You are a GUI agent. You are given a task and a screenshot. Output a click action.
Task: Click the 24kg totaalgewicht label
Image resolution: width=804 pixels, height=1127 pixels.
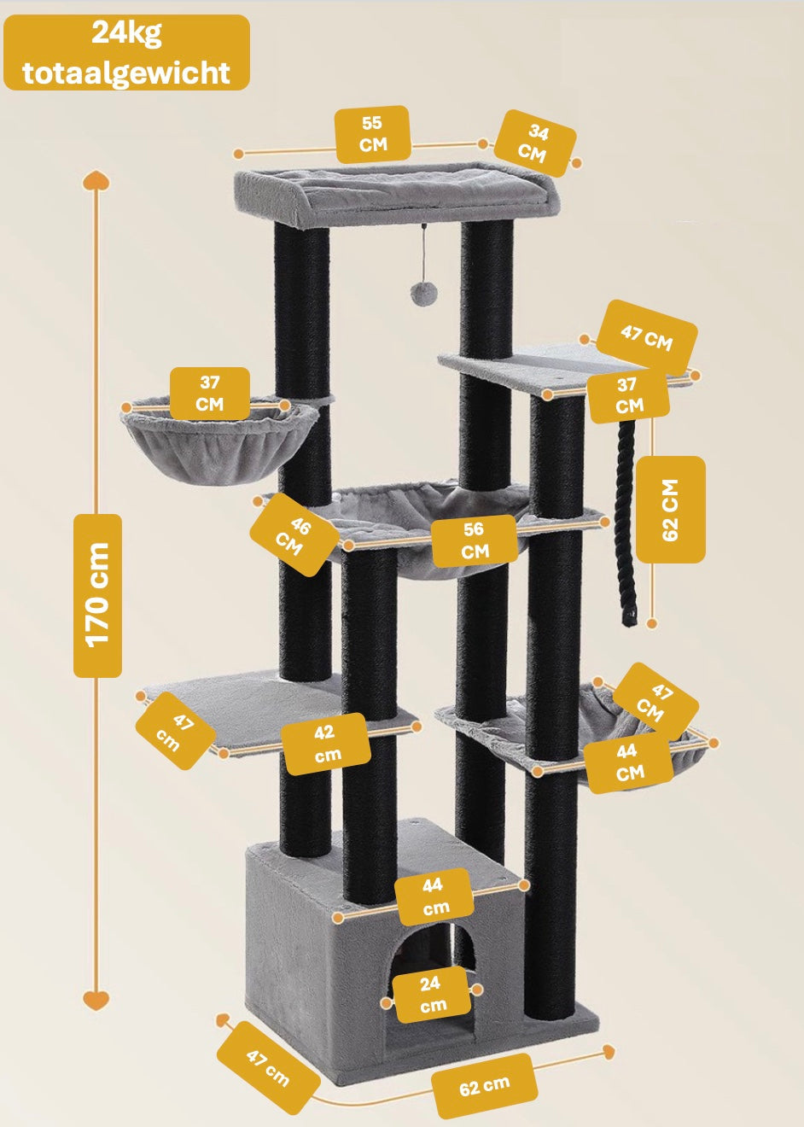(x=126, y=53)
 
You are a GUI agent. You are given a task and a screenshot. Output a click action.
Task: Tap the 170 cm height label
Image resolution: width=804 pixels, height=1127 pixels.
(x=97, y=595)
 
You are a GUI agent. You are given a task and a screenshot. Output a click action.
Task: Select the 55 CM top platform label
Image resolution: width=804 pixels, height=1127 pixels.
(x=373, y=134)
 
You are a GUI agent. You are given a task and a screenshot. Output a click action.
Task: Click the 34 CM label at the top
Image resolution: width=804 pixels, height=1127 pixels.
(x=535, y=143)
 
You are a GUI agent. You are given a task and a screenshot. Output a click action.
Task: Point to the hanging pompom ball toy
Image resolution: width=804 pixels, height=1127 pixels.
(x=423, y=293)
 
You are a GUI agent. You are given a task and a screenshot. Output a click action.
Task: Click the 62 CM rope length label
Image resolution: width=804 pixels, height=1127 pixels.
(x=671, y=510)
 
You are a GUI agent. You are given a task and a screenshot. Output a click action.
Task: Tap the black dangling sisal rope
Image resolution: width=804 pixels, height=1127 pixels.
(x=625, y=521)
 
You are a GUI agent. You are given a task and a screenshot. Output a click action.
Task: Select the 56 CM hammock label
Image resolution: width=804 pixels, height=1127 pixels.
(x=475, y=540)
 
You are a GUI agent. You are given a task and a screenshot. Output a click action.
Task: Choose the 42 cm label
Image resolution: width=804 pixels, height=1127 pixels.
(x=326, y=744)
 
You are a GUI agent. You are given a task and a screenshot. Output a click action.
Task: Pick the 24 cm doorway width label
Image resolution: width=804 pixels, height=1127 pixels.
(x=431, y=995)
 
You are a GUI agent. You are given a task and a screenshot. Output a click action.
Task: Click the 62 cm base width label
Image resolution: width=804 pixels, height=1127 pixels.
(x=484, y=1086)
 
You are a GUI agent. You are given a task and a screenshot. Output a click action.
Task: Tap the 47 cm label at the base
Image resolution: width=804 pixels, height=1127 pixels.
(x=268, y=1067)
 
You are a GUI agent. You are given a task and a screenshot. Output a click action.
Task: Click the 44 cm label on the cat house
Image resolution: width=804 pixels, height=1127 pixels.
(x=434, y=896)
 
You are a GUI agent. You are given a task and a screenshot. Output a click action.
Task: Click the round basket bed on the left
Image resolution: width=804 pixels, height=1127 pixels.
(x=218, y=444)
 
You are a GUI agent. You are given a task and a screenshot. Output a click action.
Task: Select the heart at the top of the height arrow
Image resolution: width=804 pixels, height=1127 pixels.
(x=96, y=181)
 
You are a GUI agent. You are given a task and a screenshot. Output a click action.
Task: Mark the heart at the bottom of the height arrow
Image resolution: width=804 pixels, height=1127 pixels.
(x=96, y=998)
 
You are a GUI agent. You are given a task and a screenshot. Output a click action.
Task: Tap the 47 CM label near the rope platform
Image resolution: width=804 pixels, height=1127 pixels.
(x=646, y=336)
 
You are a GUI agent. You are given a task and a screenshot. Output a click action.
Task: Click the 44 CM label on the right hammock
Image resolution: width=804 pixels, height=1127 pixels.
(x=628, y=762)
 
